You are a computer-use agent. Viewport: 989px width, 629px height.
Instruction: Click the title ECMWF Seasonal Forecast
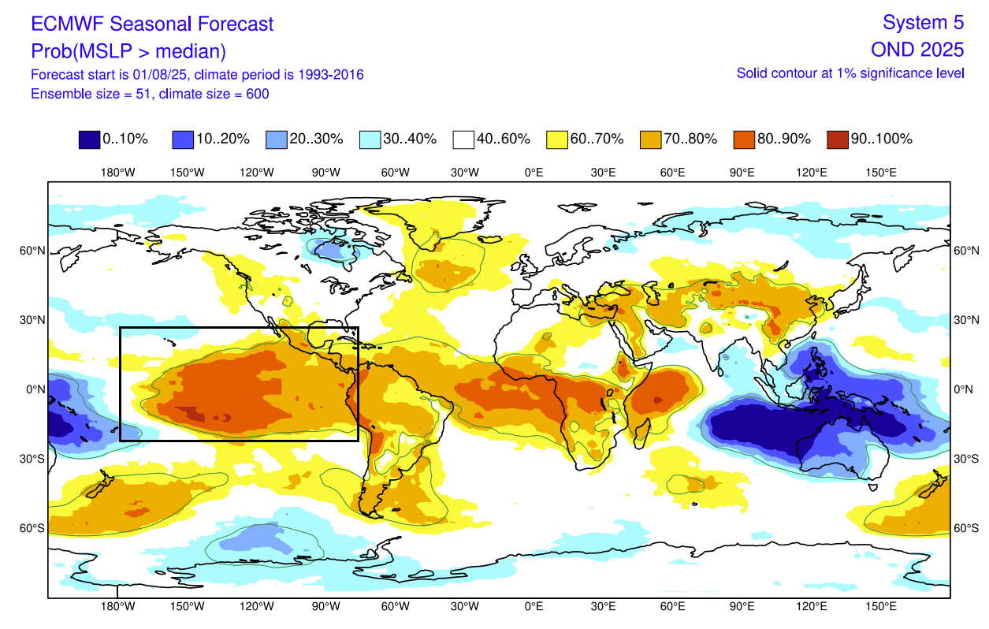(152, 24)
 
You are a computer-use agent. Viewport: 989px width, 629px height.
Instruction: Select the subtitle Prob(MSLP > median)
(128, 51)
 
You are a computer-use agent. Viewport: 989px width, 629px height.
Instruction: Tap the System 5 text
(923, 22)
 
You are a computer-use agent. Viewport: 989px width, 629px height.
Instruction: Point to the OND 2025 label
(917, 50)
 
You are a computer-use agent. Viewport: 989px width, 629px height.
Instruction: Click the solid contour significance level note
(850, 73)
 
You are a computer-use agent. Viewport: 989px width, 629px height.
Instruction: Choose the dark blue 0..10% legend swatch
(89, 140)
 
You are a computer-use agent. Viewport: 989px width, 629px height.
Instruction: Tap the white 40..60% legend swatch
(463, 140)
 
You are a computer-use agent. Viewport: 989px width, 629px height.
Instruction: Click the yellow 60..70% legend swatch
(557, 140)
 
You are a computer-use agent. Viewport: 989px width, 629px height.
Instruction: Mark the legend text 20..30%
(317, 140)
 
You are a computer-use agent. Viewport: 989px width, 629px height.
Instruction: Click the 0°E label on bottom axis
(534, 606)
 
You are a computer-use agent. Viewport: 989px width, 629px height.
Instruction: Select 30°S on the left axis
(32, 459)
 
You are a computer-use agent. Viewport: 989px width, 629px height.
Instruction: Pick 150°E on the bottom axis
(880, 606)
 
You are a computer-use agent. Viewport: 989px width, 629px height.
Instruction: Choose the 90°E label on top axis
(742, 173)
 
